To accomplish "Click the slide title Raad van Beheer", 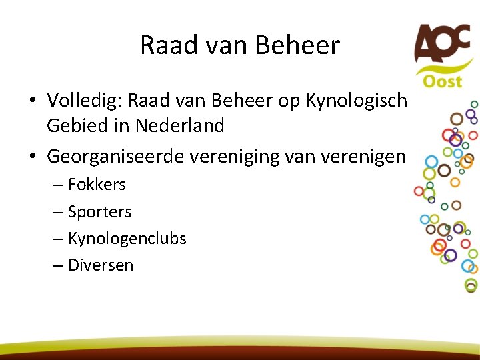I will (240, 45).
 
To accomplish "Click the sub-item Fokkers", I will (97, 185).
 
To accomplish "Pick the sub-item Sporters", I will (99, 212).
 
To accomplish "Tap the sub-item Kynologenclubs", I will (127, 238).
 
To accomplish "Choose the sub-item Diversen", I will (101, 265).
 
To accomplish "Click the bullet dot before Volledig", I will (32, 101).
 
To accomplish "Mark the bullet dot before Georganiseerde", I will (32, 157).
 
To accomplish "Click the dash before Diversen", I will (58, 265).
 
